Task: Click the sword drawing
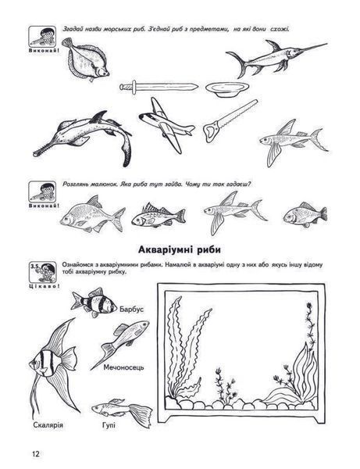tap(159, 87)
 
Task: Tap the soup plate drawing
tap(227, 89)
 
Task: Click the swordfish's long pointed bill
tap(312, 48)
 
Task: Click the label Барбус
tap(131, 309)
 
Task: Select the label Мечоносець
tap(123, 367)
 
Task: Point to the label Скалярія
tap(48, 424)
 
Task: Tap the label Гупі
tap(109, 425)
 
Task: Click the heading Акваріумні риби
tap(180, 250)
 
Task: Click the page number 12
tap(36, 453)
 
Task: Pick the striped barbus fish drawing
tap(94, 303)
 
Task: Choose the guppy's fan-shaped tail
tap(141, 415)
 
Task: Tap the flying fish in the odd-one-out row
tap(235, 213)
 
